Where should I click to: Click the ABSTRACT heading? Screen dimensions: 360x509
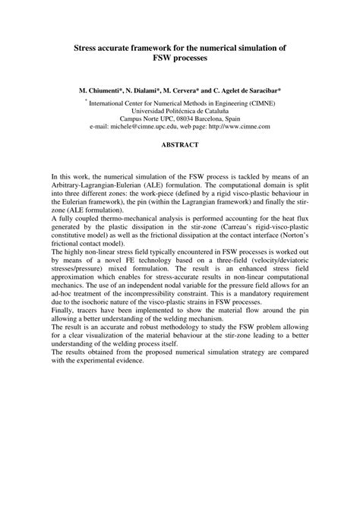pyautogui.click(x=179, y=144)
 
